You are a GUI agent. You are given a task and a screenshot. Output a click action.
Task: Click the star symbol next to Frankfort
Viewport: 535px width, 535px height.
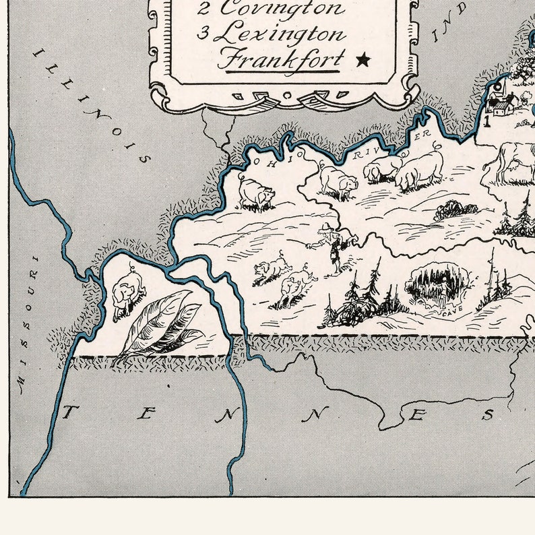(364, 60)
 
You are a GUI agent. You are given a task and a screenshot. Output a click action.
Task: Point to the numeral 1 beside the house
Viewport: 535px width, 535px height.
(486, 121)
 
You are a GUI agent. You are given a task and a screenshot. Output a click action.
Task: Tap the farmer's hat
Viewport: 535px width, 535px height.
(327, 225)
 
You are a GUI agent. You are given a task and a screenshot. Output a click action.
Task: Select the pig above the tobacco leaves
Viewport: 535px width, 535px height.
(128, 291)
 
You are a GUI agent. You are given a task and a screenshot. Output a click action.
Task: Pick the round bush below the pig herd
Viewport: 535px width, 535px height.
(455, 211)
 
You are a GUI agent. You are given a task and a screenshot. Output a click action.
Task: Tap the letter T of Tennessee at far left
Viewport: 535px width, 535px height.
(68, 413)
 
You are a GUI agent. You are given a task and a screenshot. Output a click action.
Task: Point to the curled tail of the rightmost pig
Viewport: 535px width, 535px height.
(439, 146)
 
